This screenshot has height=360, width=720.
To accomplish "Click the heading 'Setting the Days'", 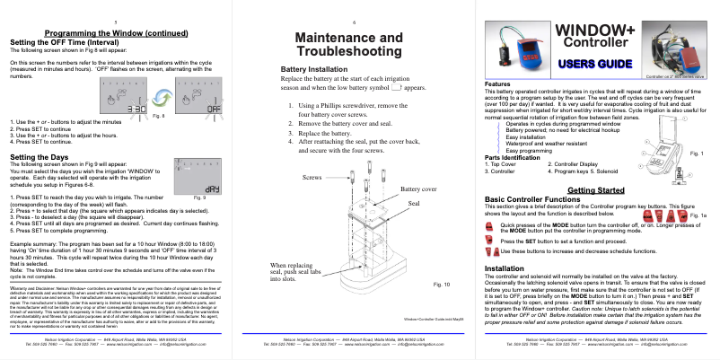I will (35, 156).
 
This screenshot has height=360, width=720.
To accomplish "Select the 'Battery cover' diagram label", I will (418, 190).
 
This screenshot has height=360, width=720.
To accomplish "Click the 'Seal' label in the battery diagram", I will (414, 204).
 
